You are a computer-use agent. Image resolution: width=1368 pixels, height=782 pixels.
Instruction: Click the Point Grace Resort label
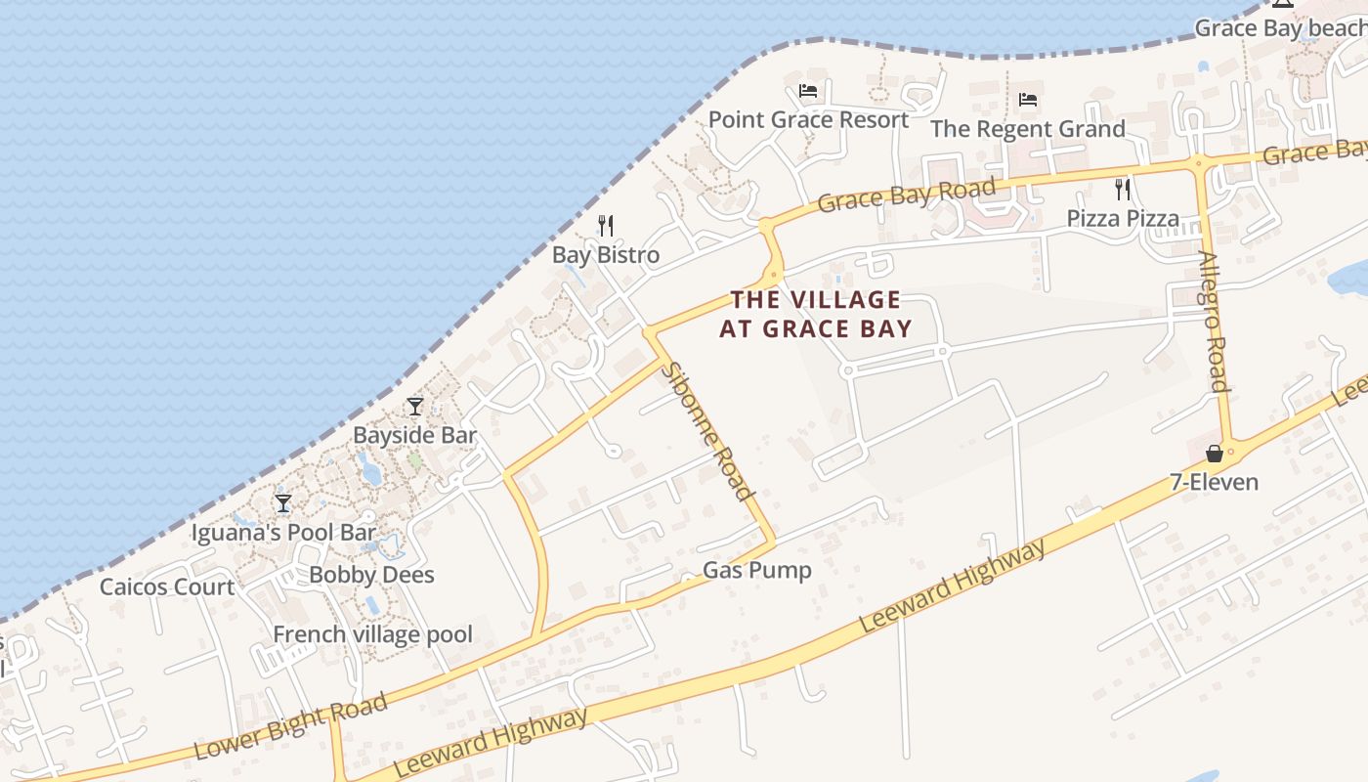[x=808, y=120]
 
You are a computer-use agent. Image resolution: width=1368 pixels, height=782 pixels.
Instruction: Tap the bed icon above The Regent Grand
[x=1027, y=100]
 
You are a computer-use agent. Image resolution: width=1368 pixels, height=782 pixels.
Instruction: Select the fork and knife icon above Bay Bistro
[x=606, y=226]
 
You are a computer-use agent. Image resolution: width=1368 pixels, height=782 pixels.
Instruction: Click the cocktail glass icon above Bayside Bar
[x=415, y=407]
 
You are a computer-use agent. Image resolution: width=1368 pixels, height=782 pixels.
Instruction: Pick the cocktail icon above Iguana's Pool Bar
[x=283, y=503]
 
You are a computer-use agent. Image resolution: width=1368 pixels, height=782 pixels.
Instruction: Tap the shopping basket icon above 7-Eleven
[x=1214, y=454]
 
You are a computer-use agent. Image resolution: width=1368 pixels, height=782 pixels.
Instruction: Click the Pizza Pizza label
[x=1123, y=218]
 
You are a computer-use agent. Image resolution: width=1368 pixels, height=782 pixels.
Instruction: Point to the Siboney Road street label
[x=709, y=430]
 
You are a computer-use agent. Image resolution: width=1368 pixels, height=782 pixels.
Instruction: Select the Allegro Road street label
[x=1213, y=321]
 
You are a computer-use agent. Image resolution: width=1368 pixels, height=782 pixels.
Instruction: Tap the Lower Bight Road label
[x=290, y=725]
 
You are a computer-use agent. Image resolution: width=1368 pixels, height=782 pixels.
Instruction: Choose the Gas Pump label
[x=757, y=570]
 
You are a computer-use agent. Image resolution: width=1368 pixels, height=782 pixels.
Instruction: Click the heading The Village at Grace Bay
[x=816, y=314]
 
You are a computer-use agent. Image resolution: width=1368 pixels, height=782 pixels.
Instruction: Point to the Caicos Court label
[x=167, y=586]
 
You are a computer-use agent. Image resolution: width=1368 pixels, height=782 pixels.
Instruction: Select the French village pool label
[x=372, y=634]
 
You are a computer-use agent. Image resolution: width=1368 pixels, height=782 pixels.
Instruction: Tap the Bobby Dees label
[x=371, y=574]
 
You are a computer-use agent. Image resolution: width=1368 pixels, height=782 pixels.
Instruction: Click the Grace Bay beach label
[x=1280, y=27]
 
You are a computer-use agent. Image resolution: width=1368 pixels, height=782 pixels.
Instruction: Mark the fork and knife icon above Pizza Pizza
[x=1123, y=189]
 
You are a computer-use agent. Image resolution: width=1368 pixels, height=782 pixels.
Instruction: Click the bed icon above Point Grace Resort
[x=808, y=91]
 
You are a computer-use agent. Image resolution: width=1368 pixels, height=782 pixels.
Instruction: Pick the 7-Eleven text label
[x=1214, y=482]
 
